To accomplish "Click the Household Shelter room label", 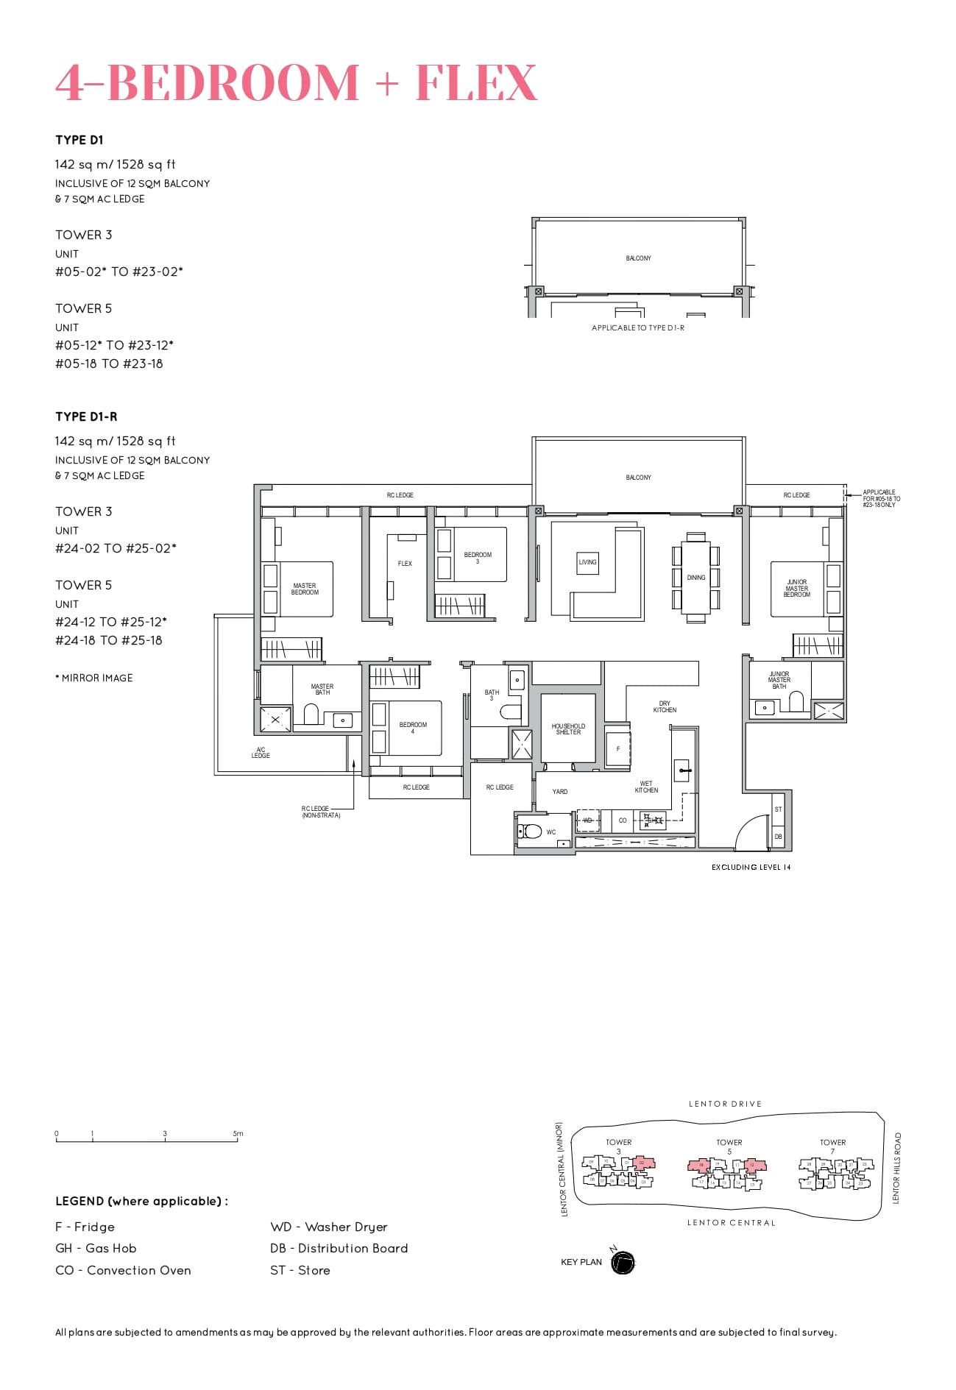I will pos(568,728).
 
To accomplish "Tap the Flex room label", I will pos(405,564).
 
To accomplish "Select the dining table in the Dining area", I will pos(696,578).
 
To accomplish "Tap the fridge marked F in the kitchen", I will pos(618,749).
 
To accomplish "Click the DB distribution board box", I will pos(779,837).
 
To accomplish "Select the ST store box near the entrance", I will pos(779,809).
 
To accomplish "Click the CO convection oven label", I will pos(623,820).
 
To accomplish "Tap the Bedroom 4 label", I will pos(413,728).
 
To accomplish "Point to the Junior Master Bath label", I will pos(779,680).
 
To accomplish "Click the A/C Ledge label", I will pos(261,752).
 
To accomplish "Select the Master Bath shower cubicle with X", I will pos(275,720).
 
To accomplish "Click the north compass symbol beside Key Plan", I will pos(623,1263).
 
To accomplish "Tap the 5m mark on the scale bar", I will pos(238,1134).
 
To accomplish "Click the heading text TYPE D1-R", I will pos(86,416).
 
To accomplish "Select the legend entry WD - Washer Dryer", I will pos(328,1227).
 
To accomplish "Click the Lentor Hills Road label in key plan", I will pos(896,1168).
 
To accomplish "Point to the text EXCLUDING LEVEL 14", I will pos(751,867).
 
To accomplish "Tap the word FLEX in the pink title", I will pos(476,82).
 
